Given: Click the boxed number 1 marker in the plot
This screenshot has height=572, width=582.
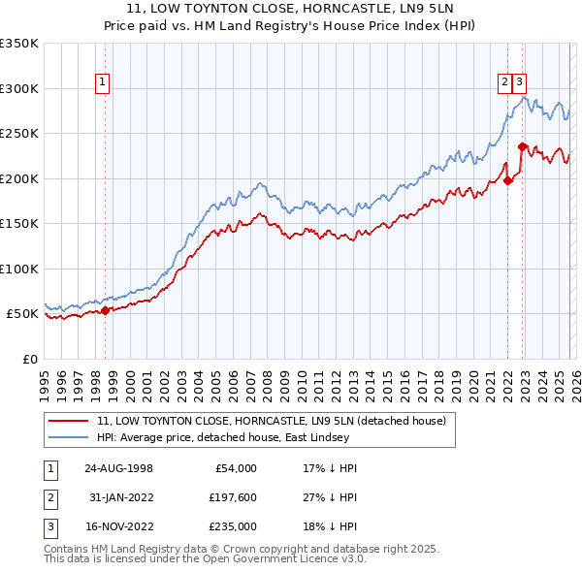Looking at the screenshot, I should (102, 83).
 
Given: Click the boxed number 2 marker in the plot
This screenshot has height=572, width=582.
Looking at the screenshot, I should (505, 83).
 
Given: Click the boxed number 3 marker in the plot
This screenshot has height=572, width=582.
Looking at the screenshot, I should (520, 83).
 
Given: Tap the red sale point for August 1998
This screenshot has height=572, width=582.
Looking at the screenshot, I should (106, 310).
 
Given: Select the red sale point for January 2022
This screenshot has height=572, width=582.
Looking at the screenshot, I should (507, 180).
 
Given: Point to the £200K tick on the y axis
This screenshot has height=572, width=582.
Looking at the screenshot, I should (19, 178).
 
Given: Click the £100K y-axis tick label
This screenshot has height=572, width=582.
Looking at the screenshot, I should (19, 269).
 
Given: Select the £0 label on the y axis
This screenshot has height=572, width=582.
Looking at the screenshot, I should (31, 359).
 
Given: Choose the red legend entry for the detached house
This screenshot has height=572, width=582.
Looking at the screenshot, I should (271, 422).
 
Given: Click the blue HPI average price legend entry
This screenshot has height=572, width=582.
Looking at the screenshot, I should (243, 437).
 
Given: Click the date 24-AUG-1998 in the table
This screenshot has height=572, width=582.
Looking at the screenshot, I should (118, 468).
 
